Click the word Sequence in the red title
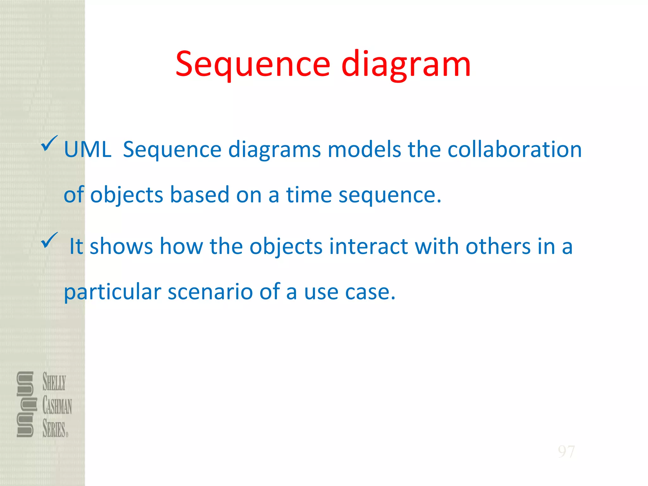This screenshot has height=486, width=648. click(253, 65)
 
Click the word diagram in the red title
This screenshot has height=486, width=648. click(406, 65)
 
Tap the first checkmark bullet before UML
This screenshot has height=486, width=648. click(49, 143)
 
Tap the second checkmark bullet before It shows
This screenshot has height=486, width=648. click(49, 240)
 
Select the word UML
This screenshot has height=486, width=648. click(88, 149)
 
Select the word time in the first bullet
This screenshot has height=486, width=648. click(309, 195)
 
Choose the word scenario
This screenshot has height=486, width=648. click(210, 292)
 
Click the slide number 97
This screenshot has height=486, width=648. click(566, 452)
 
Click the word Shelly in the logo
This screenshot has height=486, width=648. click(54, 382)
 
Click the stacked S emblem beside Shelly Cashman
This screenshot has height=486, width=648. click(25, 404)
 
